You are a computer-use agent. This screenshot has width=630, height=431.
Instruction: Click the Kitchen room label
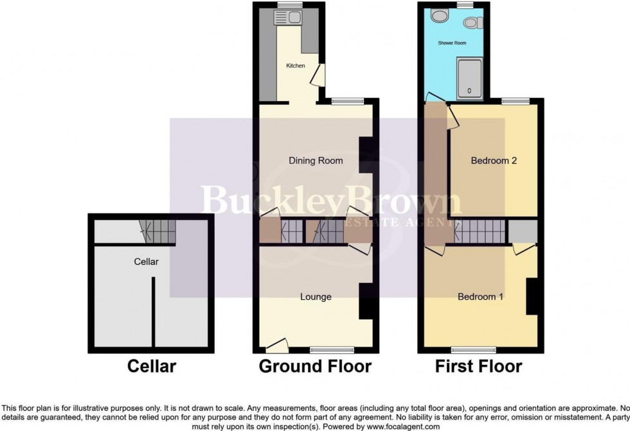(x=295, y=66)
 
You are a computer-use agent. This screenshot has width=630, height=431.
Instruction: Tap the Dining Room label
(x=315, y=160)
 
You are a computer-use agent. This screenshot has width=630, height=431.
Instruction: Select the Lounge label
(x=316, y=297)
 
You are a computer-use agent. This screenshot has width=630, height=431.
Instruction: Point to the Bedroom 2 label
(x=494, y=160)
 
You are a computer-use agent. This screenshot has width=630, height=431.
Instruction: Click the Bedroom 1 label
(x=480, y=297)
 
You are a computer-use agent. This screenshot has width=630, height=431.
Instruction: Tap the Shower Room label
(x=452, y=43)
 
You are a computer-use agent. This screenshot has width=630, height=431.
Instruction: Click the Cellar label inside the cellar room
(x=146, y=262)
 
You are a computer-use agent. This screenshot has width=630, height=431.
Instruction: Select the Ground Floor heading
(x=315, y=367)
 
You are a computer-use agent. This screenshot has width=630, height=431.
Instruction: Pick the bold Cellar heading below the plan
(x=152, y=367)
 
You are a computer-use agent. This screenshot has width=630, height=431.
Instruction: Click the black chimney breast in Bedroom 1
(x=532, y=297)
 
